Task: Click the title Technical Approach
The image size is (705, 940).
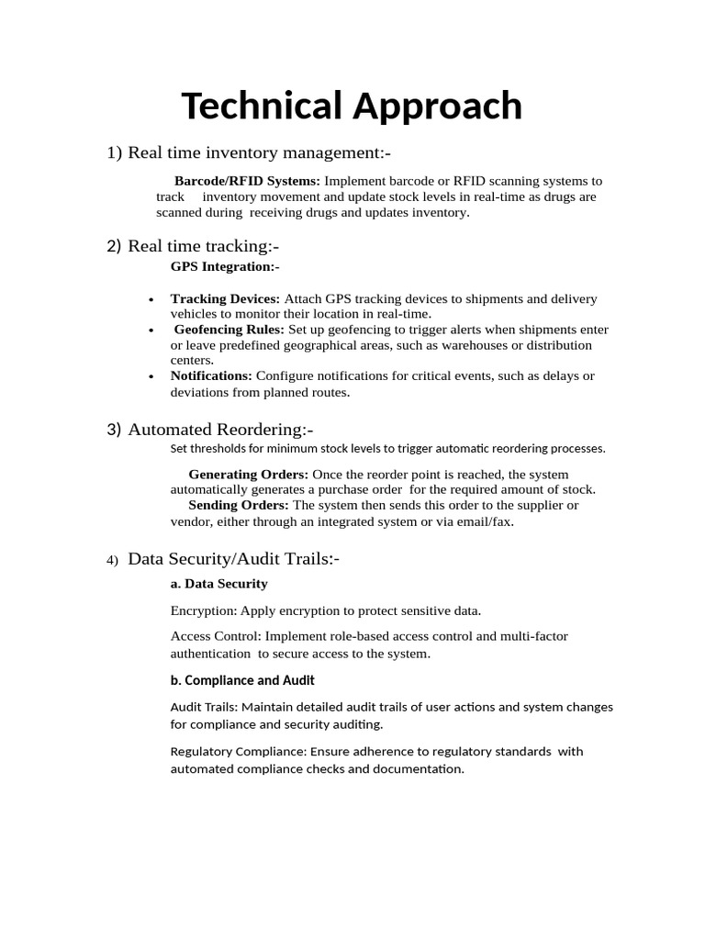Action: (x=352, y=106)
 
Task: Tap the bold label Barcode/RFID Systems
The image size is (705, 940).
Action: (x=247, y=181)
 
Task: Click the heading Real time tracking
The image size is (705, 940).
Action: (x=203, y=246)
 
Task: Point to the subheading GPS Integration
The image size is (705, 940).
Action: (x=225, y=266)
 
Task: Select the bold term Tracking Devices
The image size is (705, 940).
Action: (x=225, y=298)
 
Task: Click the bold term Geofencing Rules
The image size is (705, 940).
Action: (x=229, y=329)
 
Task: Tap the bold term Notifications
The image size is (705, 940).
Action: (x=211, y=375)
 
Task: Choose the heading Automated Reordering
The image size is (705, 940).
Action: (x=220, y=430)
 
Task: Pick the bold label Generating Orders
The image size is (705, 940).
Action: (x=248, y=474)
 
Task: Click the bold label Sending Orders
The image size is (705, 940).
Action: (x=238, y=505)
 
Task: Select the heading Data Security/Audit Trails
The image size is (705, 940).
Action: (x=233, y=558)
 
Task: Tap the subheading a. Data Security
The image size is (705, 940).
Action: (x=219, y=584)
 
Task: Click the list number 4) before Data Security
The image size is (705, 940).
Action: (x=112, y=560)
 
